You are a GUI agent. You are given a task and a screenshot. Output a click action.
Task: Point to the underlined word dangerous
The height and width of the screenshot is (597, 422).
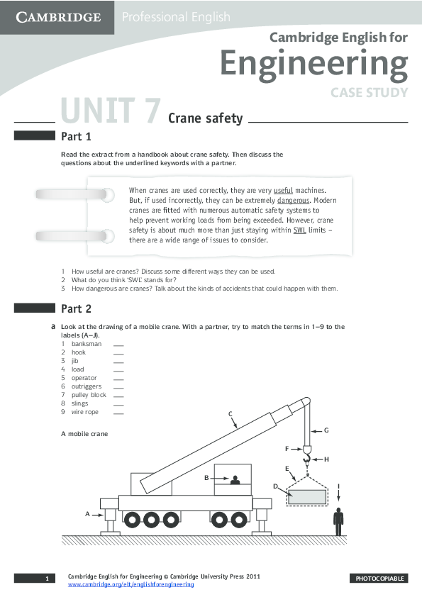pos(293,201)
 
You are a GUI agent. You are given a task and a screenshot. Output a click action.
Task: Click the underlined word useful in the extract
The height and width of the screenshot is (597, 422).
pos(283,191)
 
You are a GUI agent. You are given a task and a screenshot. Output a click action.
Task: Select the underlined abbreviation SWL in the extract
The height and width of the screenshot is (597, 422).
pos(299,230)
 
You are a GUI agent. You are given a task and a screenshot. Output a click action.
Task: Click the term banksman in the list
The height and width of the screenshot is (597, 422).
pos(87,344)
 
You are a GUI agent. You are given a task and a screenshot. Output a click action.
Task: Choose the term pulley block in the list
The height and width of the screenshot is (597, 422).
pos(89,395)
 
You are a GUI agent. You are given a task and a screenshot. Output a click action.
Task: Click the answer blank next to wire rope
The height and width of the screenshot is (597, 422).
pos(118,412)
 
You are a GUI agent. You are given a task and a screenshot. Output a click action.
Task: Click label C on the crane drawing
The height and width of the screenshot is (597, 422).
pos(231,414)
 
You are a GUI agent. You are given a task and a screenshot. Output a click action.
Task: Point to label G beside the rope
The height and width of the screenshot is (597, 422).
pos(326,430)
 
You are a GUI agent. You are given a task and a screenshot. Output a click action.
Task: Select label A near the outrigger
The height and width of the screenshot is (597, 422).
pos(88,513)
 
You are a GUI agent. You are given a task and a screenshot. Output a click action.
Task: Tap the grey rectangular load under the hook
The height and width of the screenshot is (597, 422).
pos(308,496)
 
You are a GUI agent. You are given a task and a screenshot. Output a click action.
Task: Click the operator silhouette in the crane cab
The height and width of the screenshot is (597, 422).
pos(235,480)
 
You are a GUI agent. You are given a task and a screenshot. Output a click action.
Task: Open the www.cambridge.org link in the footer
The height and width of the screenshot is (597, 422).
pos(131,584)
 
